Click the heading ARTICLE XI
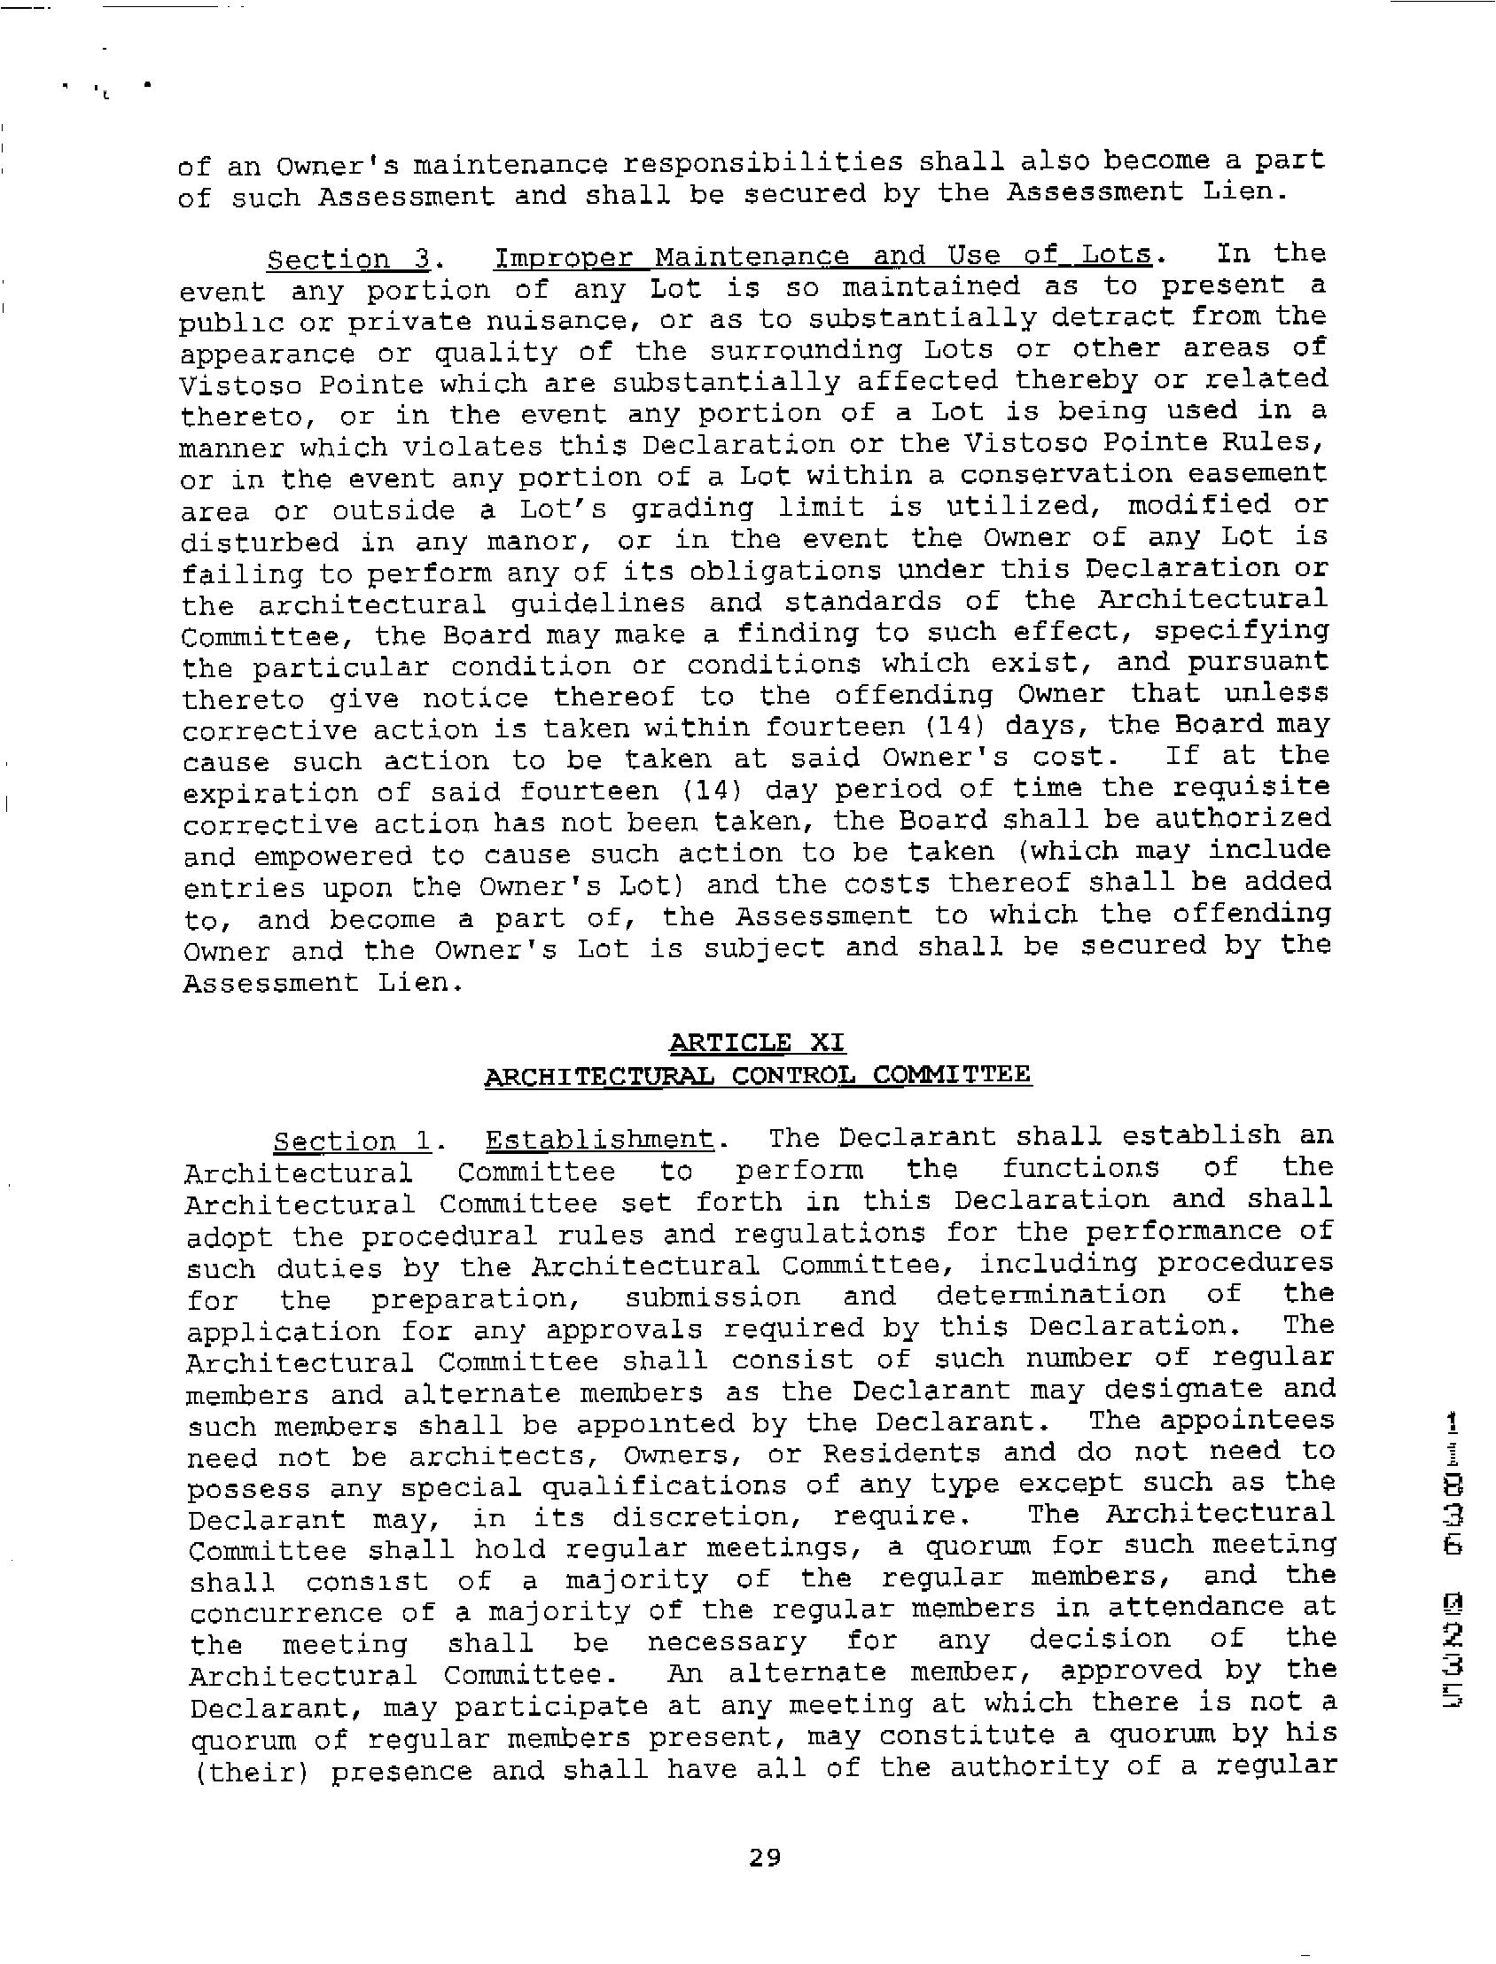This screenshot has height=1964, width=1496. (756, 1042)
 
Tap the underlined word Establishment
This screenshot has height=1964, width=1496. (599, 1140)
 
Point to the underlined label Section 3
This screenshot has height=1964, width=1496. (349, 260)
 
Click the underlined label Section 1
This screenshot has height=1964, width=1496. (353, 1142)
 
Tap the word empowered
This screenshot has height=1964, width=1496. (333, 855)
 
